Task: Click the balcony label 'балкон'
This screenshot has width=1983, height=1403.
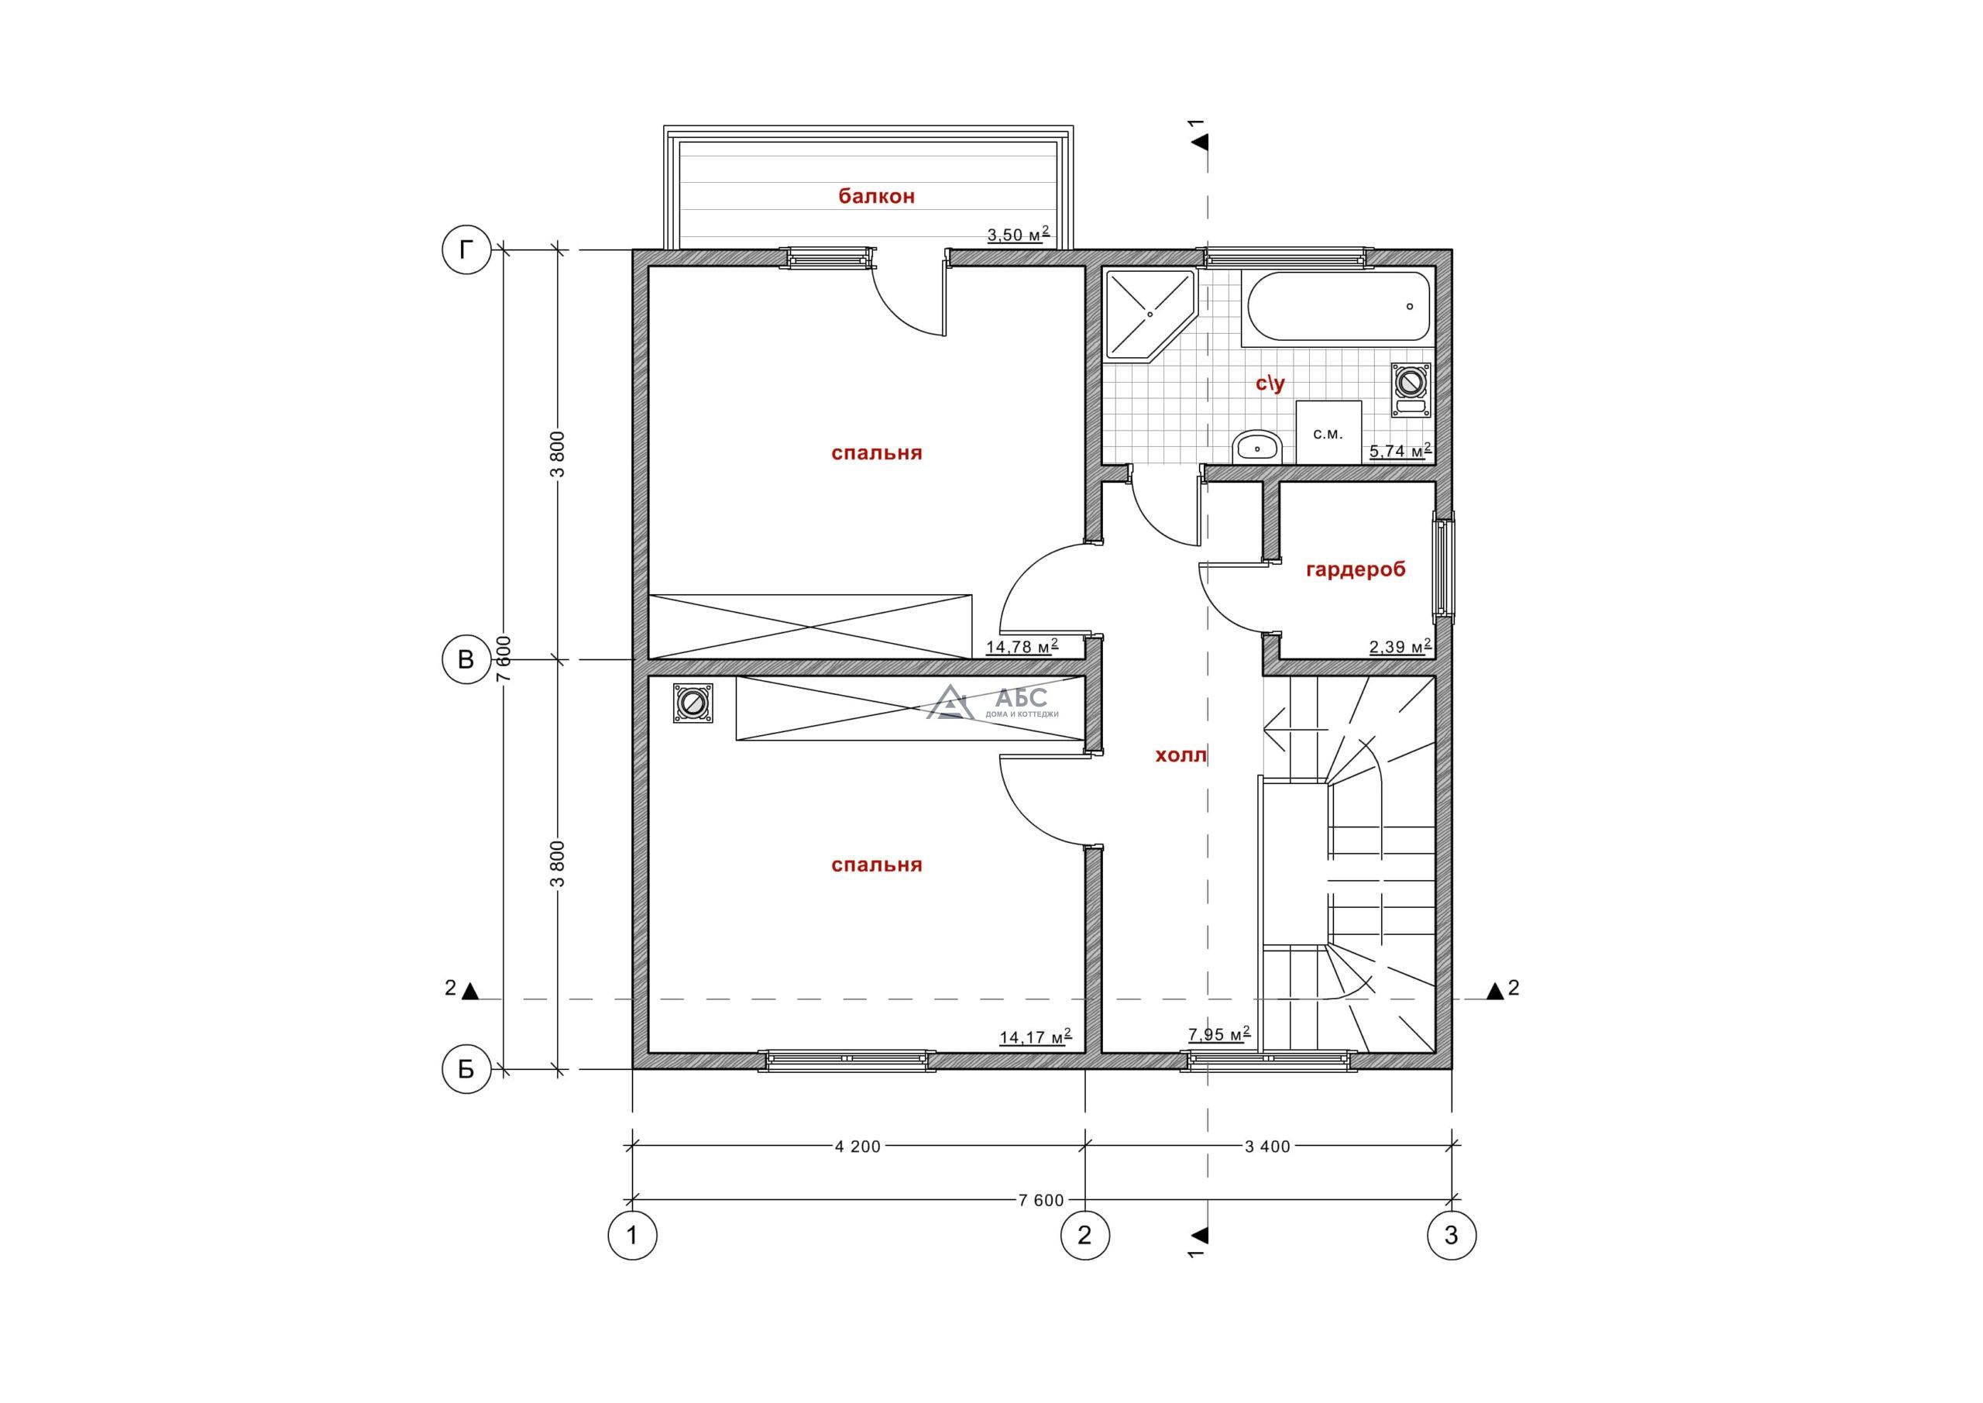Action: (877, 196)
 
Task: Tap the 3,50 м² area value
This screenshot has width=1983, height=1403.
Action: (1019, 233)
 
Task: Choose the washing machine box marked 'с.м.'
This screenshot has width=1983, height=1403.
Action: (1328, 433)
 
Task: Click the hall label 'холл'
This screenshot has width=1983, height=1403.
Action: (1181, 756)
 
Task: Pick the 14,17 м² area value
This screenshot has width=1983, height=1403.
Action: (1036, 1037)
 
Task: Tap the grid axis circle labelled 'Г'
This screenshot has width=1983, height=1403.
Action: (466, 250)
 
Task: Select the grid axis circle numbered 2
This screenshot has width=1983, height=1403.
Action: (1084, 1236)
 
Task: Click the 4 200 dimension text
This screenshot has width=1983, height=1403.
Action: (857, 1147)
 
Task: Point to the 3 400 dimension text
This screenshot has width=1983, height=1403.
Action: (1267, 1147)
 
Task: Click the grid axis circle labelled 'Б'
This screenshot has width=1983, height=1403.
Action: (466, 1070)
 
